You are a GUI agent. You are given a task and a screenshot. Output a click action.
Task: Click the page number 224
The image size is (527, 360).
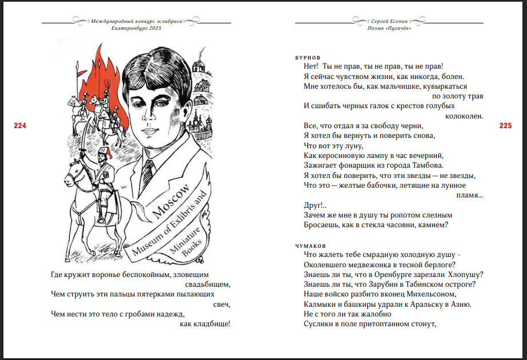pos(20,126)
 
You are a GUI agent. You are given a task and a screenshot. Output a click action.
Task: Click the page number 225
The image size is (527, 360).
pos(506,126)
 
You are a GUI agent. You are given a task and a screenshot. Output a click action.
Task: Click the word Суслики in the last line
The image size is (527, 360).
pos(318,325)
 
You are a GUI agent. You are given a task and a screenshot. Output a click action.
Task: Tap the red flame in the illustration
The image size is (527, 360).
pos(103,72)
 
